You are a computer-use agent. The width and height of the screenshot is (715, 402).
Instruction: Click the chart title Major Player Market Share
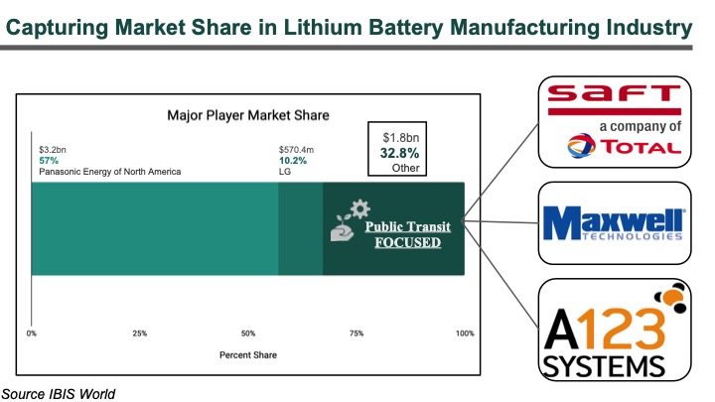[248, 115]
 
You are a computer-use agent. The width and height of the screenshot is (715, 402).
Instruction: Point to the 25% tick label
[140, 333]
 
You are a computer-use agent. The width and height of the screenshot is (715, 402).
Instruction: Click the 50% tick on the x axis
[248, 333]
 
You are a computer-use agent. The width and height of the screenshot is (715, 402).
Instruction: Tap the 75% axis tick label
[357, 333]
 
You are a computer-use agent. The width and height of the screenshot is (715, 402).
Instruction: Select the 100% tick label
[464, 333]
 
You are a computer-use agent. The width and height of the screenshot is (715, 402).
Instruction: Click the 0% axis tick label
[32, 333]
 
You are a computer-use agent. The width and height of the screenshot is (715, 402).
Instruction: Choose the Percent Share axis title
[248, 354]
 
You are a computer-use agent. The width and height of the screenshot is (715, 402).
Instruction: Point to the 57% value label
[47, 161]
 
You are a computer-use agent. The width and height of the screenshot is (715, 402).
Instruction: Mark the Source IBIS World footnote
[58, 393]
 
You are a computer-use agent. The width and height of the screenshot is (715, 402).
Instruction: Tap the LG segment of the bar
[301, 228]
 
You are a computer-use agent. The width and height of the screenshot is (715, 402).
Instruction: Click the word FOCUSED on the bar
[407, 241]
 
